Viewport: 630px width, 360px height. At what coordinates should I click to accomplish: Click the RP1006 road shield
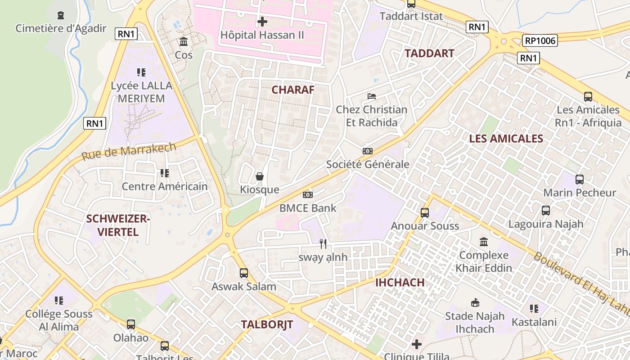(540, 41)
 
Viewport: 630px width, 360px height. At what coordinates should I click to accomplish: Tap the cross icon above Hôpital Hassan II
(262, 21)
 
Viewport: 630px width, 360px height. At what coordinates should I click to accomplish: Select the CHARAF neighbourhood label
(293, 90)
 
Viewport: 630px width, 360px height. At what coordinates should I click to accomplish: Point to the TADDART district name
(429, 53)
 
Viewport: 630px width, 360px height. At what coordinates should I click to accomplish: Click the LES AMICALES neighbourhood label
(506, 138)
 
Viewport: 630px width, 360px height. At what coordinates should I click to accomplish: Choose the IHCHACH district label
(400, 282)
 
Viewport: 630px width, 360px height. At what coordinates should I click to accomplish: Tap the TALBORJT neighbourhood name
(267, 324)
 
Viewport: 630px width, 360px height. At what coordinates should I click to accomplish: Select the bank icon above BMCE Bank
(308, 195)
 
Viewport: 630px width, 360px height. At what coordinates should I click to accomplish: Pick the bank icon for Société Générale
(368, 151)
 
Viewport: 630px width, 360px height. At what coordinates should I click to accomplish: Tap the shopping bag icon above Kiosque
(260, 176)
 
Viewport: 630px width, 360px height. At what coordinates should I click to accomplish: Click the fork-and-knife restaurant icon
(323, 244)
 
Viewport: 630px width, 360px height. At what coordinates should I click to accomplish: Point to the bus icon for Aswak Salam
(244, 273)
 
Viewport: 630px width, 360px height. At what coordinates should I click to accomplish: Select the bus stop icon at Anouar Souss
(425, 212)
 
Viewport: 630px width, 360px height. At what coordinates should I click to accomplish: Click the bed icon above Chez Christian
(372, 96)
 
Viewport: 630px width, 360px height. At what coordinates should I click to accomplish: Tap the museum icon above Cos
(184, 42)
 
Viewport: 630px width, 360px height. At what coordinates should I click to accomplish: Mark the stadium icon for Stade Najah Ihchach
(475, 302)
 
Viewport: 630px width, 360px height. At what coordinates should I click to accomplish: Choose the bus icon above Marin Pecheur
(580, 180)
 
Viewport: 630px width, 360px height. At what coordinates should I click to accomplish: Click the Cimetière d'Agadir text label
(61, 28)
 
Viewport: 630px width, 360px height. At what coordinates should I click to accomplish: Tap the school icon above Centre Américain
(165, 173)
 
